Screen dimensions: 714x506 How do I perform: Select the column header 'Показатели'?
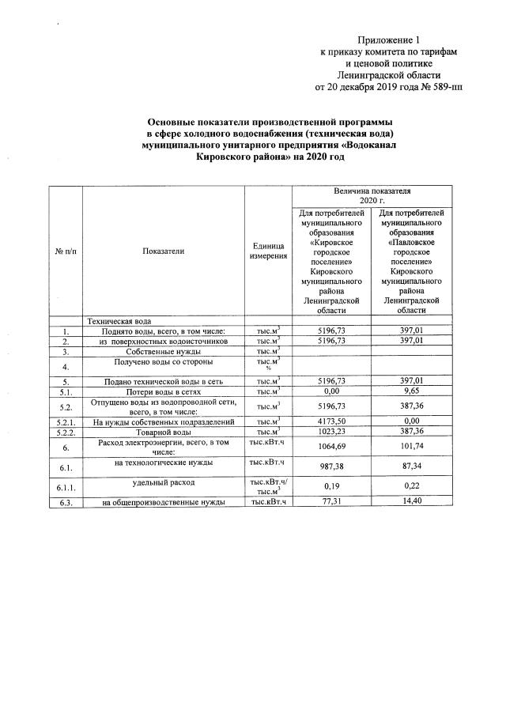coord(164,251)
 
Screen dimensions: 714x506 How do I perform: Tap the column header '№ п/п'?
coord(66,251)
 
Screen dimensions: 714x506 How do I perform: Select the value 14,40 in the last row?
coord(412,502)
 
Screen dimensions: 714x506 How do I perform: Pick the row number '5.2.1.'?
coord(66,422)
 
